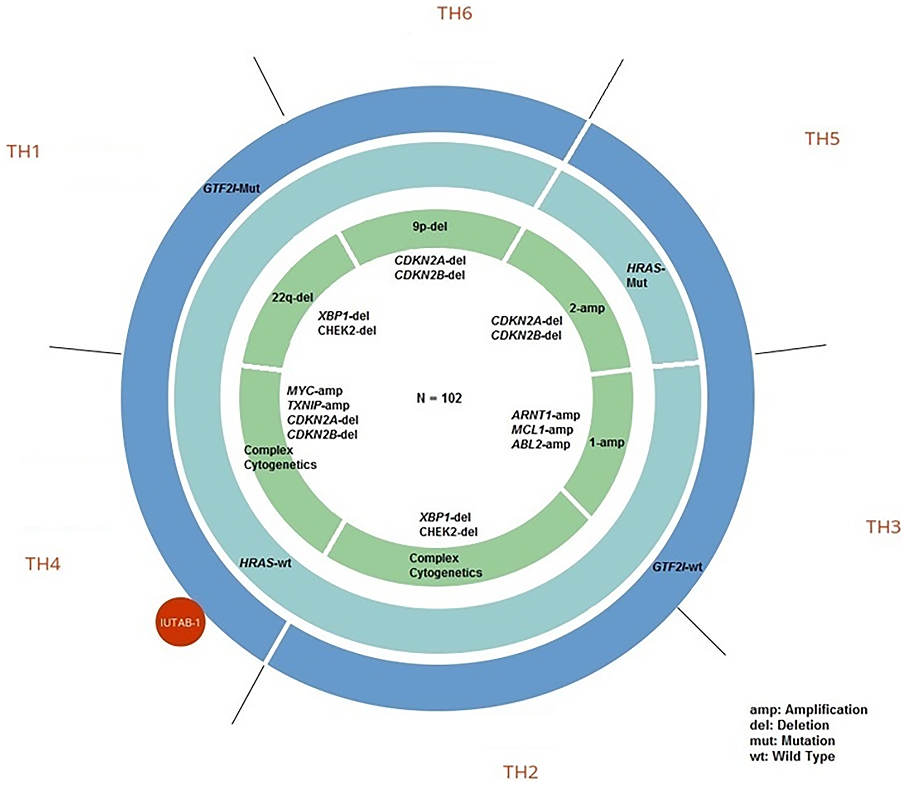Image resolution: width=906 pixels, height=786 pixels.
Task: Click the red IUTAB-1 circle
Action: [180, 622]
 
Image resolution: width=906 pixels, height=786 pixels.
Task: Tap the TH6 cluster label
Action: [454, 14]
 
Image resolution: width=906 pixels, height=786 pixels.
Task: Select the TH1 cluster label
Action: [23, 151]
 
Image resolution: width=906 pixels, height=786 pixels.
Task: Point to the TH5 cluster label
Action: [822, 139]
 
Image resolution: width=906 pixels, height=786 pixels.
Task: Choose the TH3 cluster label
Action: [883, 527]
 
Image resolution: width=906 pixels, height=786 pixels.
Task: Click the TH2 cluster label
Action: [520, 772]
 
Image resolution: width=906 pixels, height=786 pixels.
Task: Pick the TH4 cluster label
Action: [43, 564]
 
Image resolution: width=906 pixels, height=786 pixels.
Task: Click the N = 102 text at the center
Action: [439, 398]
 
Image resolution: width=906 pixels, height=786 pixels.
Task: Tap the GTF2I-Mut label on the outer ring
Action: [231, 188]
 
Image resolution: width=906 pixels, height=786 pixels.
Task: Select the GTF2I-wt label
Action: [677, 566]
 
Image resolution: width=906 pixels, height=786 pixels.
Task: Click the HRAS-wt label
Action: [265, 563]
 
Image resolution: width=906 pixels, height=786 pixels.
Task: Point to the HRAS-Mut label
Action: [645, 275]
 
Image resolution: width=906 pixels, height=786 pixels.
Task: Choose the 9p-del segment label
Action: [429, 226]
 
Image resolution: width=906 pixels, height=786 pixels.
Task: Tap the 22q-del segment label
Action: [292, 297]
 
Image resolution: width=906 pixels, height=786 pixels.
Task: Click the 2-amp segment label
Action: [587, 308]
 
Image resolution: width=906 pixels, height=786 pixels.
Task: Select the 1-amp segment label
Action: [607, 442]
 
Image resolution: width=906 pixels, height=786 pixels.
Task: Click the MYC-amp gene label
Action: [314, 391]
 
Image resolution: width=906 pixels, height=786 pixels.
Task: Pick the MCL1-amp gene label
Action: [542, 429]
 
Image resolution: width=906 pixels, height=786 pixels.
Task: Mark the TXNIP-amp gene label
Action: [318, 405]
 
